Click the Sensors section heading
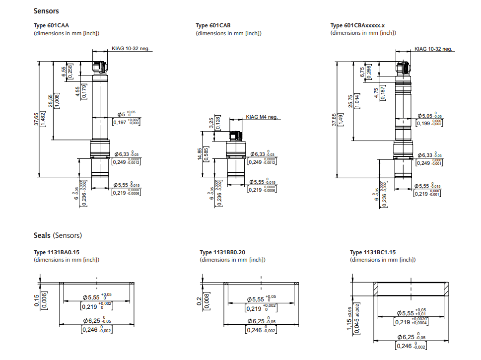(46, 10)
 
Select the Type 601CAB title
(213, 25)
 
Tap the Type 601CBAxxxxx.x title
(357, 25)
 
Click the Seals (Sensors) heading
(58, 235)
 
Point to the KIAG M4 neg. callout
(262, 117)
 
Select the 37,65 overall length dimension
(36, 119)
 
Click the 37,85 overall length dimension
(334, 120)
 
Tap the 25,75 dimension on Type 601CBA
(351, 101)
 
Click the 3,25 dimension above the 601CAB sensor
(211, 123)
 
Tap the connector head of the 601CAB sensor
(235, 136)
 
